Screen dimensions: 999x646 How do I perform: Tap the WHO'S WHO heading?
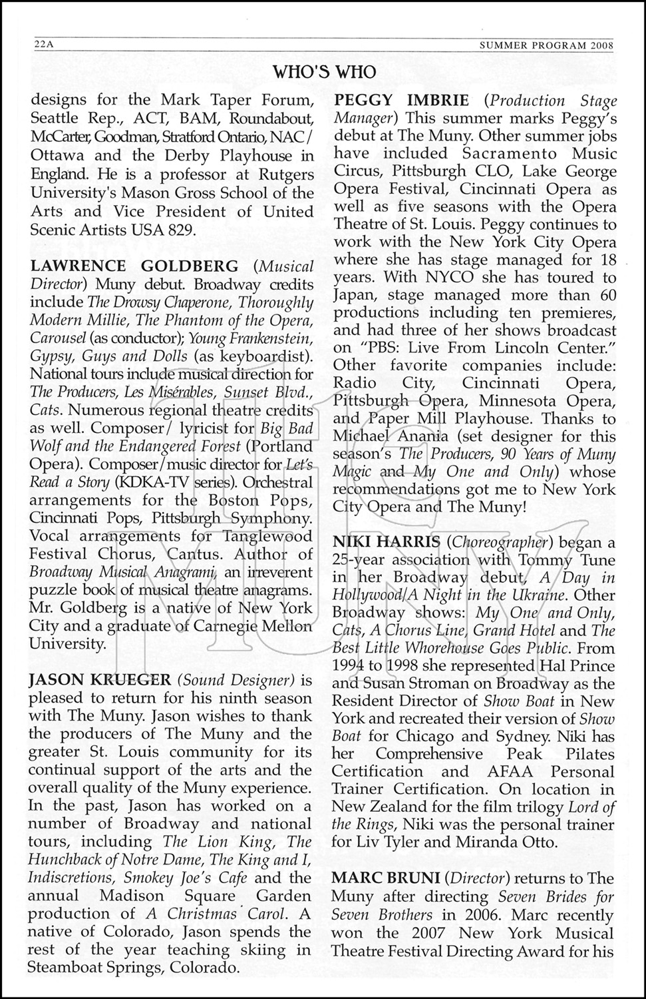(325, 72)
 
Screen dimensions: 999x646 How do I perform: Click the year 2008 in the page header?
(601, 45)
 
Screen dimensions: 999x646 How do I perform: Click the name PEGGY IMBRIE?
(401, 101)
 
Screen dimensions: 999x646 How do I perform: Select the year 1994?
(350, 666)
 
